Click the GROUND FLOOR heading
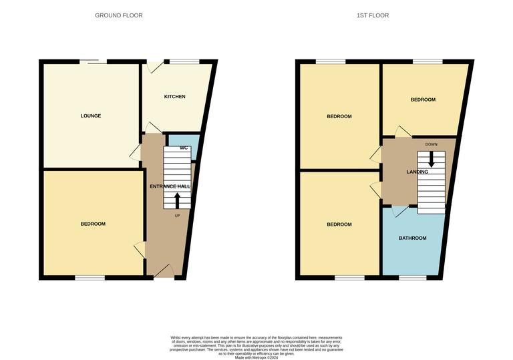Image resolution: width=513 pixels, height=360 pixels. click(x=118, y=15)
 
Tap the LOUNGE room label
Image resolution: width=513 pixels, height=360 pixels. click(x=91, y=116)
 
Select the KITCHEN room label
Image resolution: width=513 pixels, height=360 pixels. click(x=175, y=97)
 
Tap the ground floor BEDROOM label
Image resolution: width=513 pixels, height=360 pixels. click(x=94, y=224)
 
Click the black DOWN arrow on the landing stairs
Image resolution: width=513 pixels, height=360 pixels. click(x=431, y=159)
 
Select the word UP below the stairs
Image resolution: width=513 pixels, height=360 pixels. click(x=177, y=216)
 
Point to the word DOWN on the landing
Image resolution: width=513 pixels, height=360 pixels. click(x=431, y=144)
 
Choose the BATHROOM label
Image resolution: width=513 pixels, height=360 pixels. click(x=412, y=238)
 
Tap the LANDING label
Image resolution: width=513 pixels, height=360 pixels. click(x=417, y=172)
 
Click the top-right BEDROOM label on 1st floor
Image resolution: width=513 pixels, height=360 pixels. click(x=423, y=100)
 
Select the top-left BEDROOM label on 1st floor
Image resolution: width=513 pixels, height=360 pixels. click(x=339, y=116)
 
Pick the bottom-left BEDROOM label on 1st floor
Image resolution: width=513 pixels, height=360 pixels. click(x=339, y=224)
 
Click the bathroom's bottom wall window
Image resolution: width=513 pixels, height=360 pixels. click(x=412, y=277)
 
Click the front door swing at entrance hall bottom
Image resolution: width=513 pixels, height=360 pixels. click(x=164, y=271)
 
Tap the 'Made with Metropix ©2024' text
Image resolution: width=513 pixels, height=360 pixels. click(x=256, y=357)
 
